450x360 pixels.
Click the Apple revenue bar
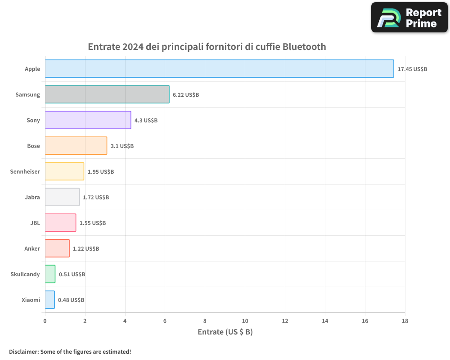(x=220, y=68)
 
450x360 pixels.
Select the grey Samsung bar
(x=107, y=94)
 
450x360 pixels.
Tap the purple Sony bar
(x=88, y=120)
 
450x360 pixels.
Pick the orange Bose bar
(x=76, y=145)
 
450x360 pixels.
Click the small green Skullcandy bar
(x=50, y=274)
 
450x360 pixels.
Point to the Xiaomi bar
(x=50, y=299)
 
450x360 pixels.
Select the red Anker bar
(x=57, y=248)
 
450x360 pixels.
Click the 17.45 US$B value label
(x=412, y=69)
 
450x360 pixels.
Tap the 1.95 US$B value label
(x=101, y=171)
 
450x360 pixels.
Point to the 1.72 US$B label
(x=96, y=197)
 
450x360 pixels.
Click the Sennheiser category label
(x=25, y=171)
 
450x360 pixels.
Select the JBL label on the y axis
(x=35, y=223)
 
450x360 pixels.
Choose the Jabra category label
(x=32, y=197)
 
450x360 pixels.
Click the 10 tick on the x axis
(x=245, y=321)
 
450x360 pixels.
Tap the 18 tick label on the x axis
(x=405, y=321)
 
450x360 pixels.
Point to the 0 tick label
(x=45, y=321)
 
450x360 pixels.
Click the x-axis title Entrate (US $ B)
(x=225, y=332)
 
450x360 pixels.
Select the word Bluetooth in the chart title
(x=304, y=46)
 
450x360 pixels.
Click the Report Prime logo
(x=409, y=18)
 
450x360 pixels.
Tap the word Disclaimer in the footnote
(x=24, y=351)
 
